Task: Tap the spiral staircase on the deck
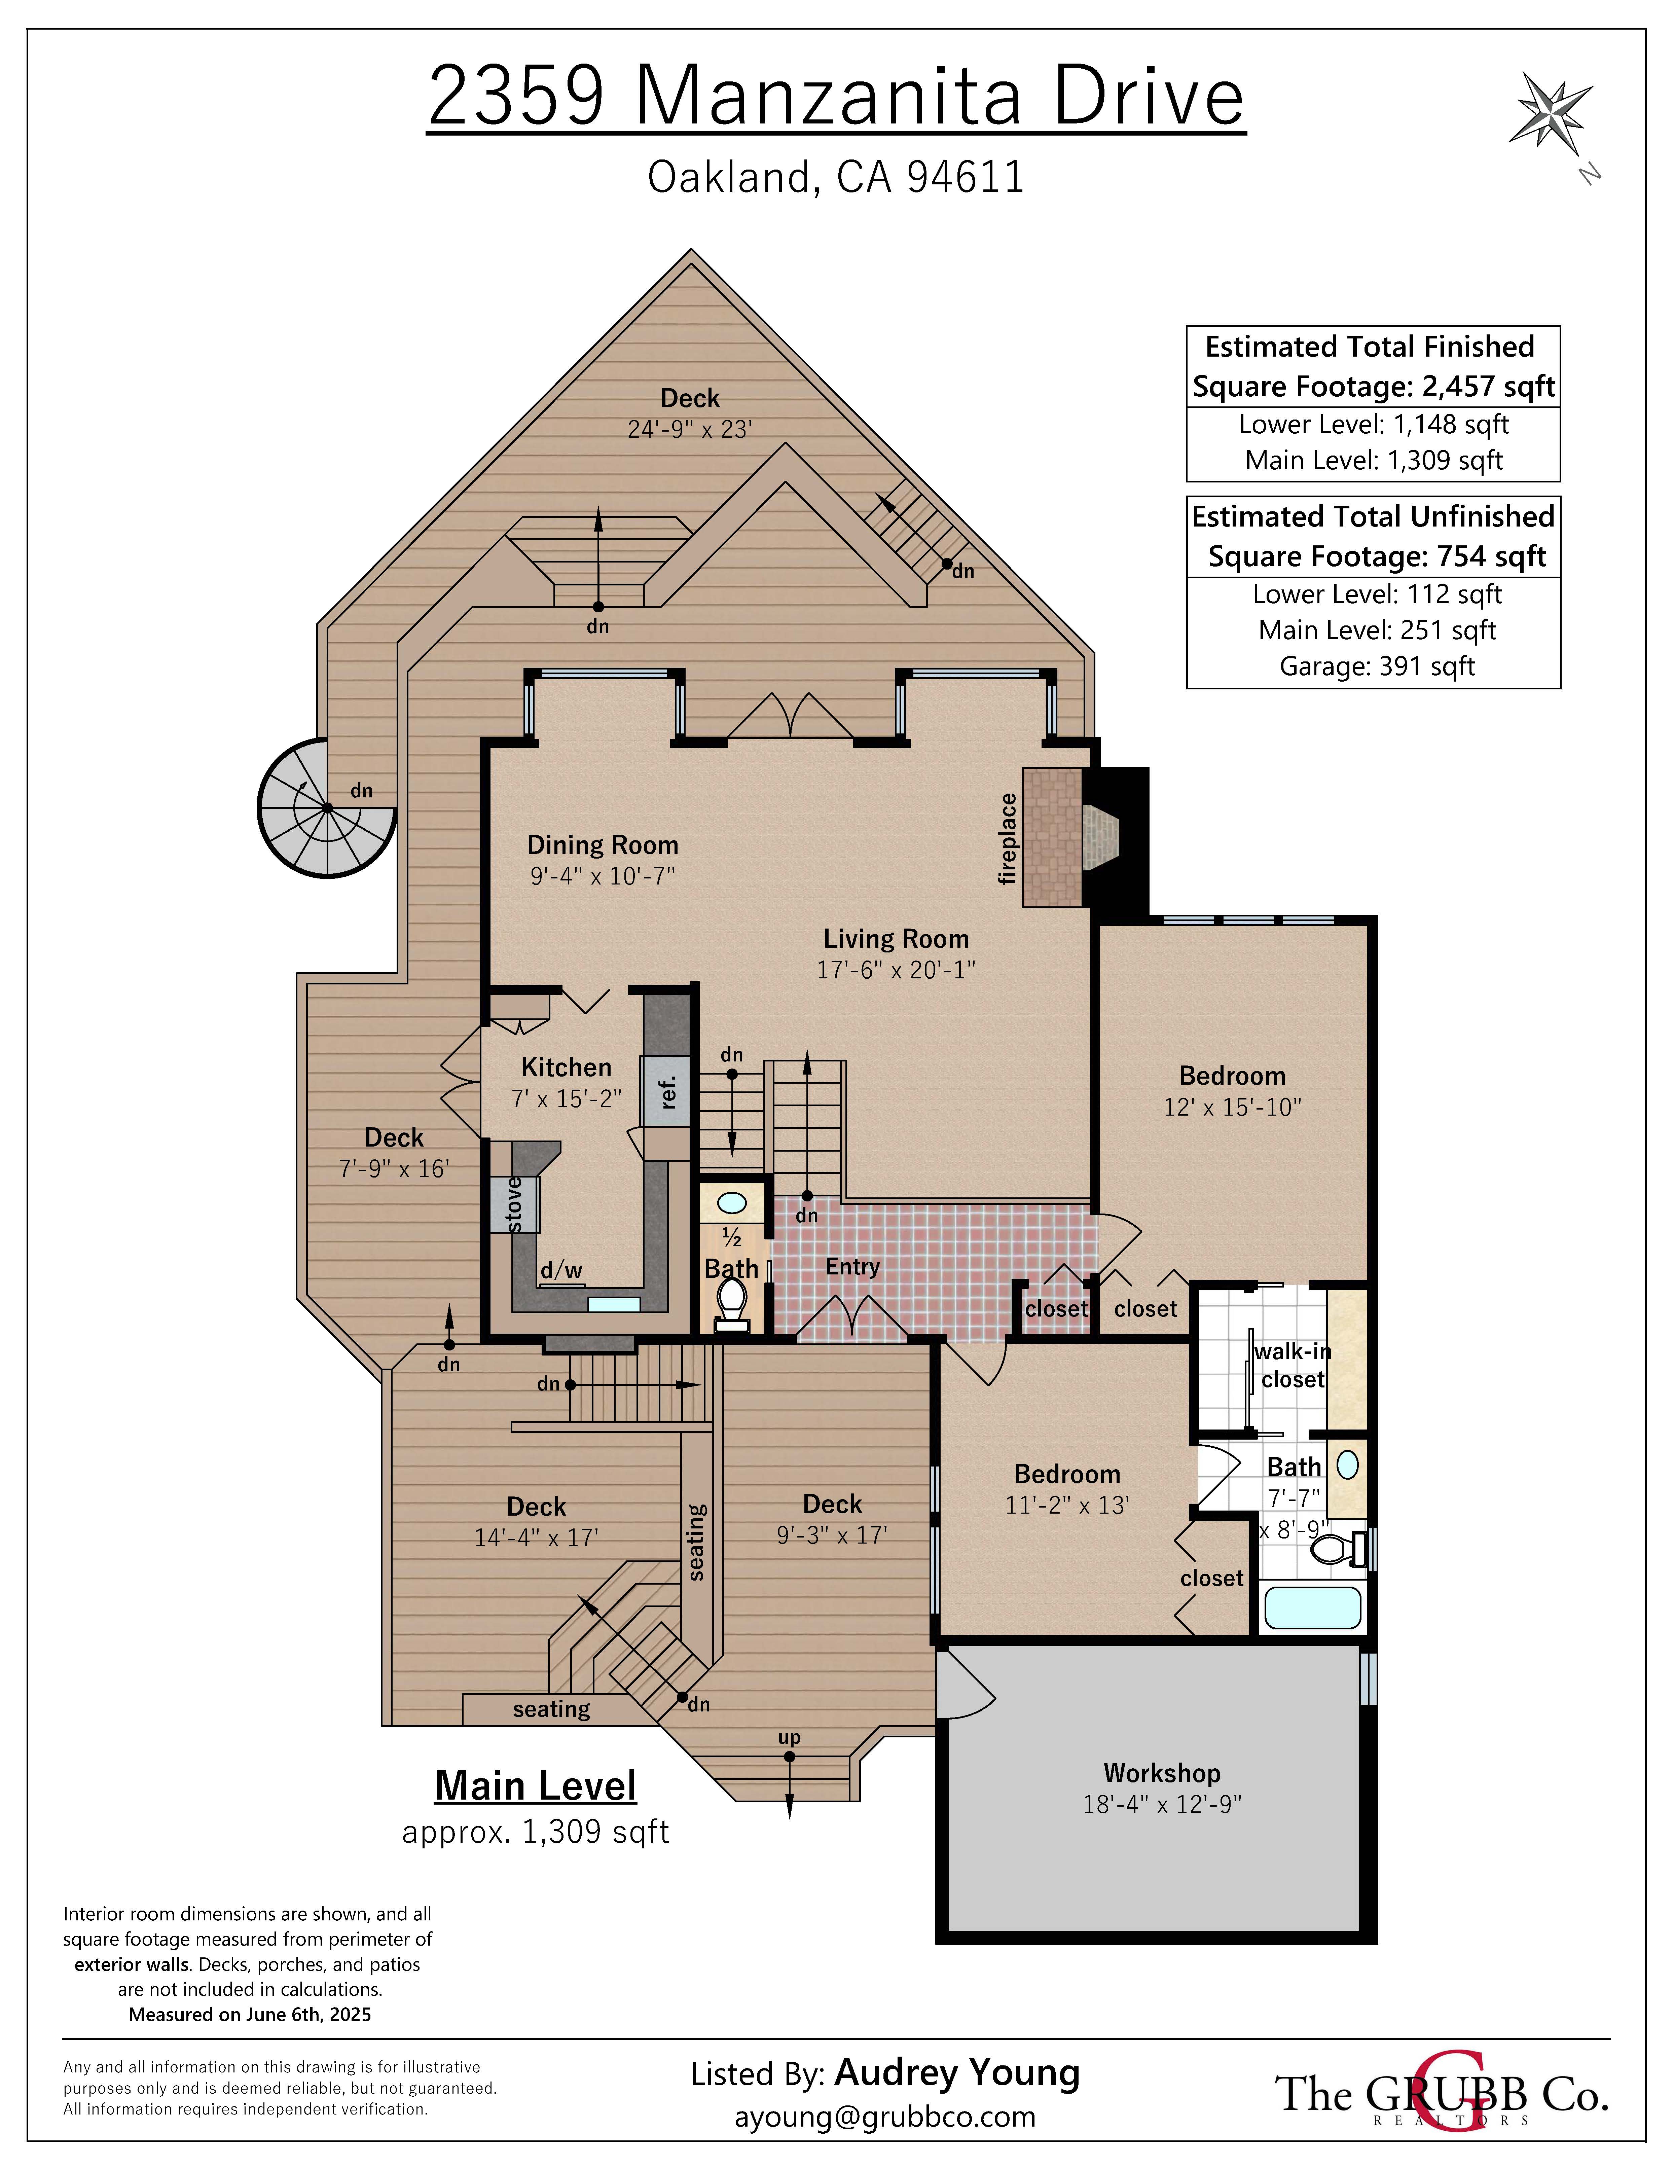[327, 807]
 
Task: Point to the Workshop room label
[1162, 1773]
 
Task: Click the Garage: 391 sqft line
[1377, 665]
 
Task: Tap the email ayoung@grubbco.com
[885, 2117]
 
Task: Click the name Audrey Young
[957, 2072]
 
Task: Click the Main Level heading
[535, 1786]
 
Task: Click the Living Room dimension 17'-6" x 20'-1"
[897, 969]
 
